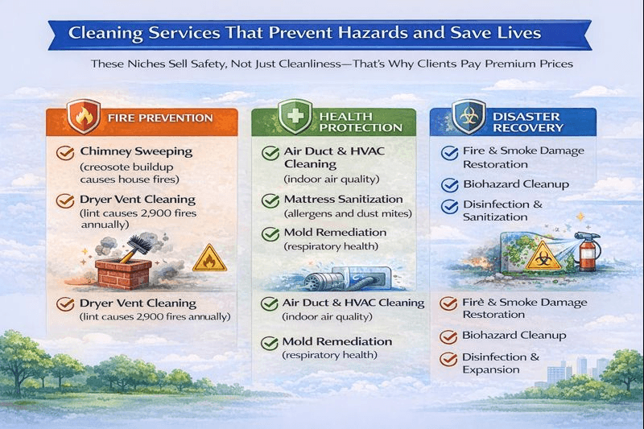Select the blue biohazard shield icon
(x=465, y=118)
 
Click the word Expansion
(x=491, y=369)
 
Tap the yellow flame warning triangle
(x=210, y=258)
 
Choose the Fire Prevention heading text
(x=161, y=118)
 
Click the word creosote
(x=108, y=167)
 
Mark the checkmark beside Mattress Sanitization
(x=270, y=200)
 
